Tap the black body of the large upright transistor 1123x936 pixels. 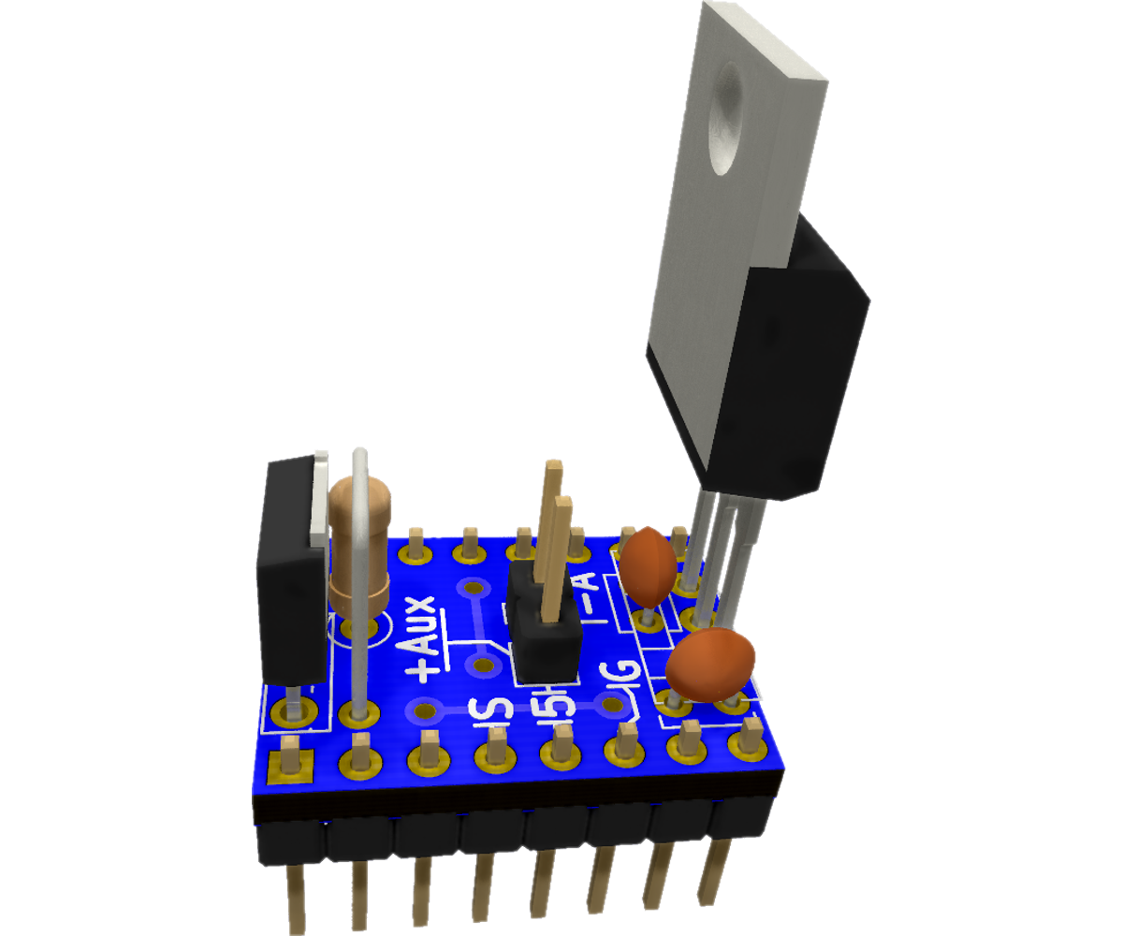click(x=795, y=374)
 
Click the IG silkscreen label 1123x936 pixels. click(x=621, y=688)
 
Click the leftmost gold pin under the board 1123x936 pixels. click(x=296, y=899)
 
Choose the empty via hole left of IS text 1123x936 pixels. click(x=427, y=710)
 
